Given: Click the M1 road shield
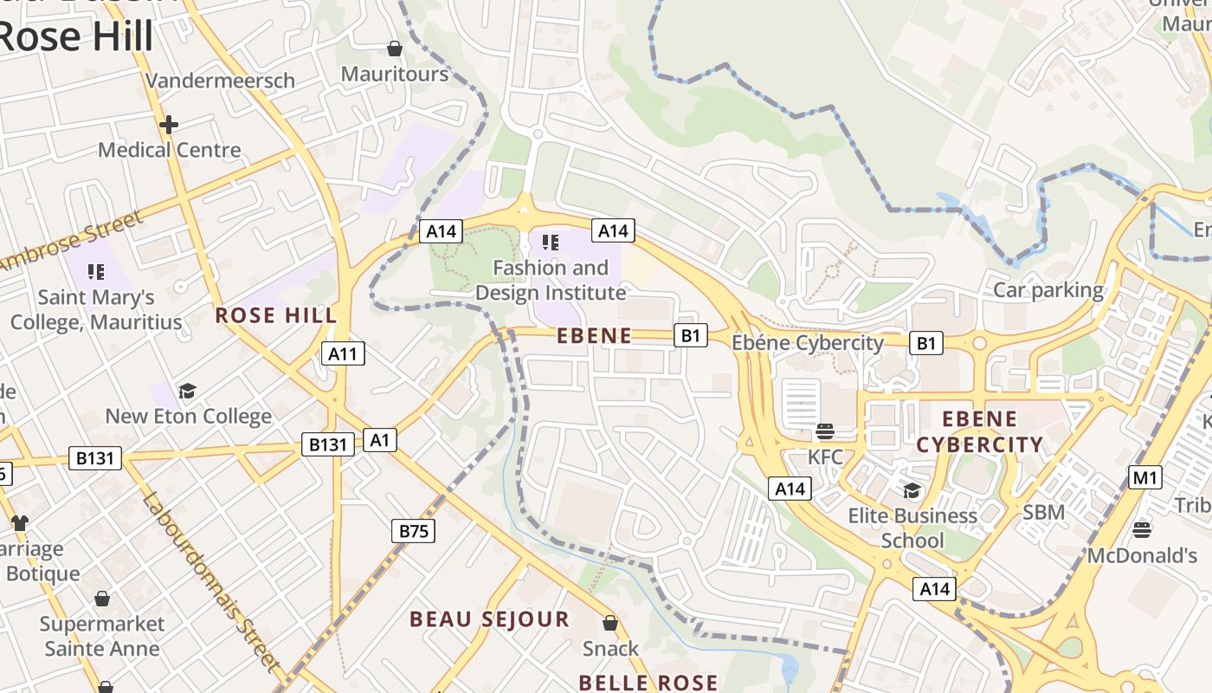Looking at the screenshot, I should tap(1145, 477).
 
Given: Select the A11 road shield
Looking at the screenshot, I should tap(343, 353).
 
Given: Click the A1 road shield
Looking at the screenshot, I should tap(379, 440).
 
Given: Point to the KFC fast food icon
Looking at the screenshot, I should tap(824, 431).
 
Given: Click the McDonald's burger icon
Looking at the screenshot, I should tap(1141, 529).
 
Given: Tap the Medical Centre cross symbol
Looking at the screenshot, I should tap(169, 125).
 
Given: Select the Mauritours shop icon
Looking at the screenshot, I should tap(395, 49).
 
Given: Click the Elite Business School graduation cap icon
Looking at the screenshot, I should tap(912, 491).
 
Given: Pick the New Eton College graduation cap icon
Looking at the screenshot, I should tap(187, 391).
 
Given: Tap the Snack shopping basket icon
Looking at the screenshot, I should tap(610, 623).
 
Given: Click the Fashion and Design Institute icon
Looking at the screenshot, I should tap(551, 242).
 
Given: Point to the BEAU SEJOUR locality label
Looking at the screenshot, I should tap(489, 619).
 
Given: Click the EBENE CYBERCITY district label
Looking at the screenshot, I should tap(979, 432).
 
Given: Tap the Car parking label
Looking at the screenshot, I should tap(1048, 290).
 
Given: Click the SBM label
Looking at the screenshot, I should tap(1043, 512).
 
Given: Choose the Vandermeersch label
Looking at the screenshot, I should tap(220, 81).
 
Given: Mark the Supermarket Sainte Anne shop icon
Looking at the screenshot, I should tap(102, 599).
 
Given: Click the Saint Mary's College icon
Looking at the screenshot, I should tap(96, 272).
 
